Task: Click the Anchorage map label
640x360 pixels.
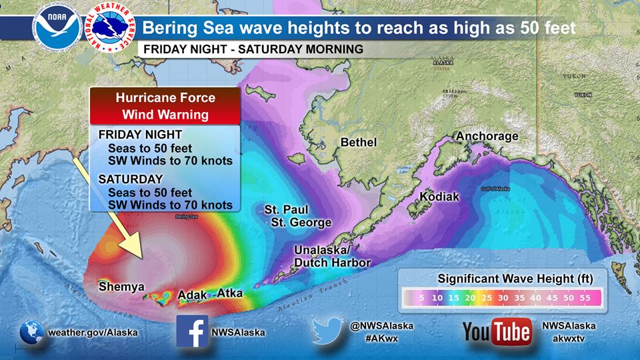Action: (x=487, y=137)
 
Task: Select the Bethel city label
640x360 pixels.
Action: (x=359, y=143)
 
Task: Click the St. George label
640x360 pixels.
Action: (x=301, y=222)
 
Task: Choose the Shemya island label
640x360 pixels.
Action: (x=121, y=287)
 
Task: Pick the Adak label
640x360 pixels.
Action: (x=193, y=294)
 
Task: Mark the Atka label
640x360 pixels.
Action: (x=230, y=293)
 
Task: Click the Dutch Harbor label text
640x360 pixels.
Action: (x=333, y=263)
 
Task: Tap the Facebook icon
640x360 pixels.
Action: (x=192, y=331)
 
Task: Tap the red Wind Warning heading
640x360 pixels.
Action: (x=165, y=115)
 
